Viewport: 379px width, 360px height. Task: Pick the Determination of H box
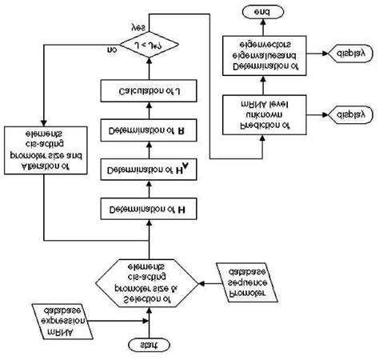tap(147, 210)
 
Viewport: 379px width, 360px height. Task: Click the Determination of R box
tap(147, 128)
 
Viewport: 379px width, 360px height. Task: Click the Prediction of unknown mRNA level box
tap(263, 115)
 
